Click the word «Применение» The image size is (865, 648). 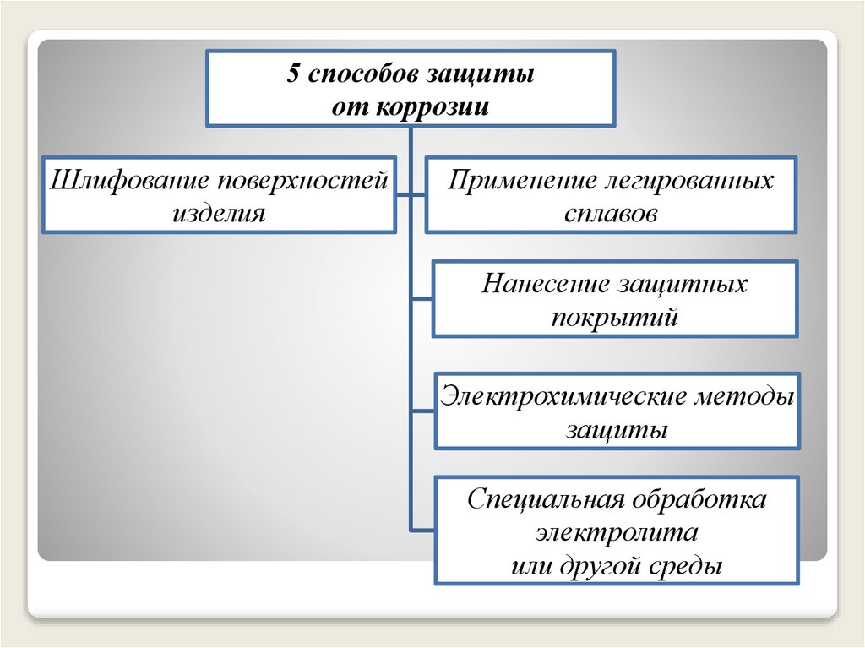[x=517, y=181]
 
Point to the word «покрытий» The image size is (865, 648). [x=615, y=318]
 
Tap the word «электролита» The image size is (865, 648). [x=616, y=533]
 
